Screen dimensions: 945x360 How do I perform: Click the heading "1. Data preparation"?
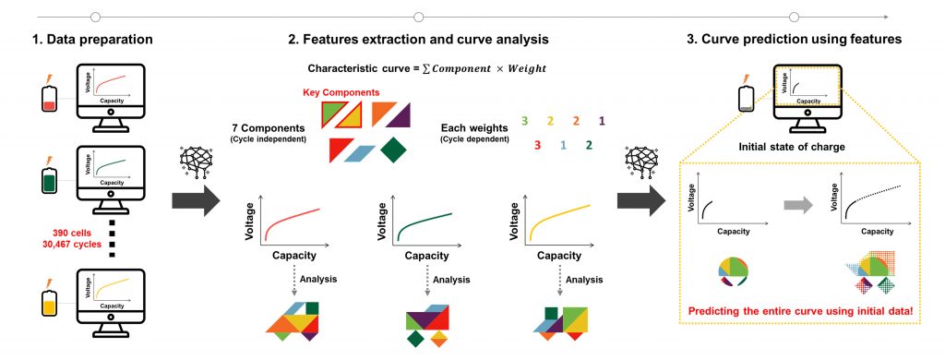[93, 40]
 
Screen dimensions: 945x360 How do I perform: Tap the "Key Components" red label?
[341, 92]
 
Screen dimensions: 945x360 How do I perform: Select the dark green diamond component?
[395, 150]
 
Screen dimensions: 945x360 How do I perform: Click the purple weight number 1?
[602, 121]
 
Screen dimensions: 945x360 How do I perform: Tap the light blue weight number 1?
[563, 145]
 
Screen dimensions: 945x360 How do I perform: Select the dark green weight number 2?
[589, 145]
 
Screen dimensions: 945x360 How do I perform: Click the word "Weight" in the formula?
[526, 68]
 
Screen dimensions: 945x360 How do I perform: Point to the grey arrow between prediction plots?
[797, 206]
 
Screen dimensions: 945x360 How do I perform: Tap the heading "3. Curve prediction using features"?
[795, 40]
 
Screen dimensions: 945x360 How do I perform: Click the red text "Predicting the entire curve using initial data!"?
[805, 312]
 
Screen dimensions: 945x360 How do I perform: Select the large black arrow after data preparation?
[197, 200]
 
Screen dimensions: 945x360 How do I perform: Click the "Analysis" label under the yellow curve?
[584, 280]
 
